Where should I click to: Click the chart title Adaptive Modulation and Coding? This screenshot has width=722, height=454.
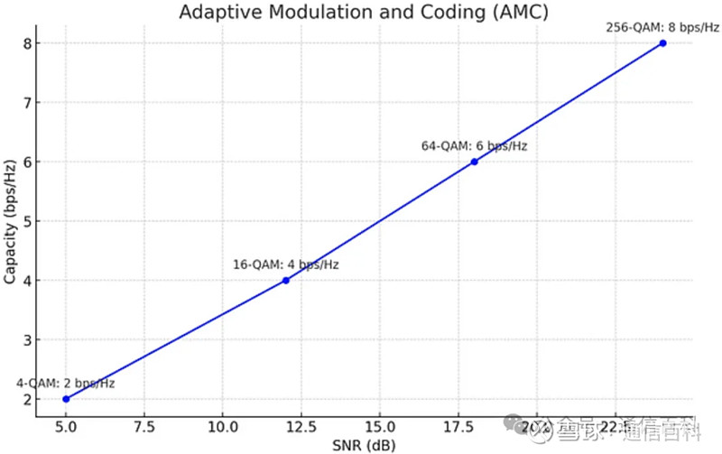coord(365,13)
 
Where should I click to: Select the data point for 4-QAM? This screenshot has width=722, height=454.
coord(66,399)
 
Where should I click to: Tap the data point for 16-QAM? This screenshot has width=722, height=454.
coord(286,280)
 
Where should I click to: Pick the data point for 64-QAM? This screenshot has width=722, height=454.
coord(474,162)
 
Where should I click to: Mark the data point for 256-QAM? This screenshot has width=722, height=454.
coord(663,42)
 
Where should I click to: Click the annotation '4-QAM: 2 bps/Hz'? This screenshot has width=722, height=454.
coord(66,384)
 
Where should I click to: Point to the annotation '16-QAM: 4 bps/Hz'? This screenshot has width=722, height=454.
coord(286,264)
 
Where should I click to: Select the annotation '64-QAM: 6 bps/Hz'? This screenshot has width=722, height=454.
coord(474,146)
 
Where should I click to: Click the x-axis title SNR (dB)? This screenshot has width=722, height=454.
coord(365,444)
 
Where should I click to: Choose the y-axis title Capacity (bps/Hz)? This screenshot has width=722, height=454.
coord(10,221)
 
